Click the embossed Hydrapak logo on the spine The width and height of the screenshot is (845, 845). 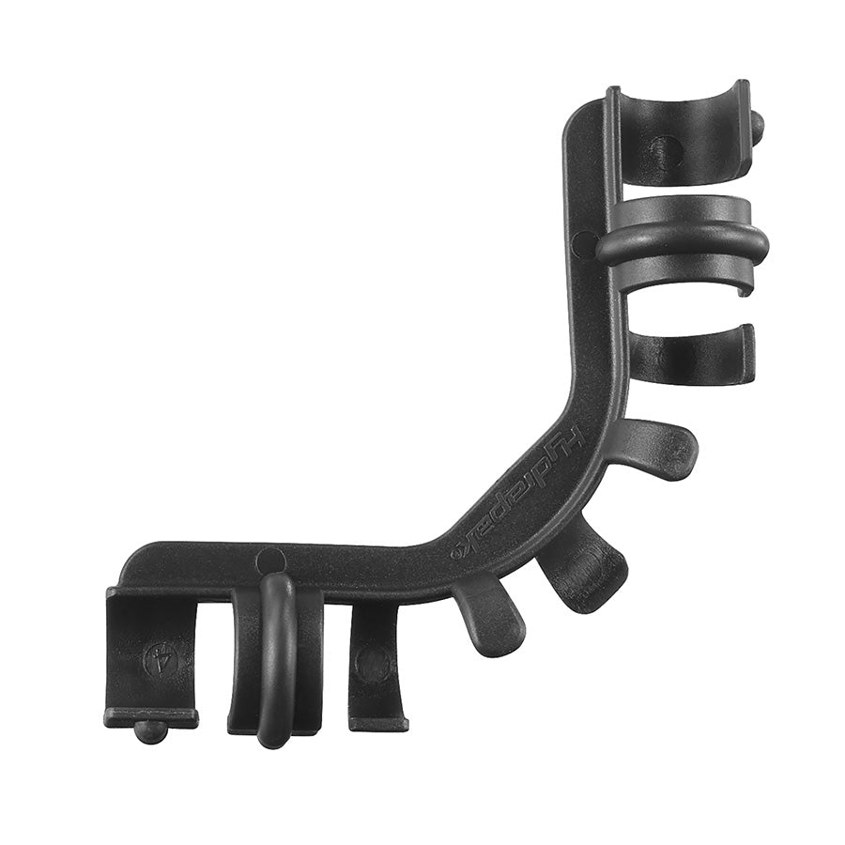point(521,486)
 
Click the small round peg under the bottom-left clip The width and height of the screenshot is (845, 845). point(149,731)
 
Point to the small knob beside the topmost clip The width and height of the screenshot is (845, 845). point(757,123)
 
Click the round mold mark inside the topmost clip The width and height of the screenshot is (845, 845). point(667,150)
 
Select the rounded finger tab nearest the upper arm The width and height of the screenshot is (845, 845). point(662,449)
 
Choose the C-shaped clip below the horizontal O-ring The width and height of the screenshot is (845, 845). point(695,355)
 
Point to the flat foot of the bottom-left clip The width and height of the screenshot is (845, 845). point(150,717)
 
